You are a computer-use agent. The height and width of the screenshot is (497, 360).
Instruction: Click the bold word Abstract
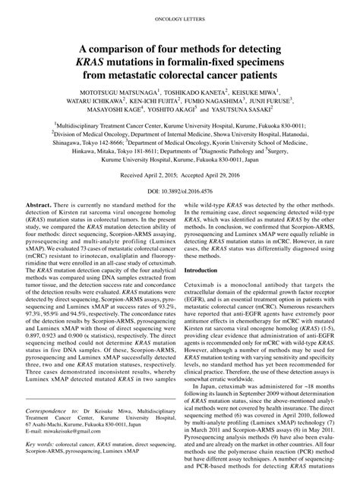click(x=38, y=205)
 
